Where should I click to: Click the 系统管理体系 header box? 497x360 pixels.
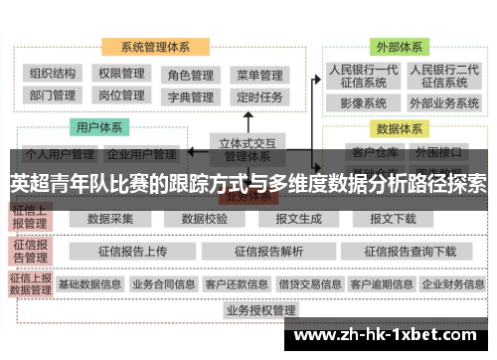click(x=157, y=47)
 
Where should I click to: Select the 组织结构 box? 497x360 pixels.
click(x=53, y=73)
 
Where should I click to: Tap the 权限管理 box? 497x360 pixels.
click(x=121, y=73)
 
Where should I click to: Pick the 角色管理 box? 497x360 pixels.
click(x=190, y=75)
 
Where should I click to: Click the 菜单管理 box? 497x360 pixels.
click(x=259, y=75)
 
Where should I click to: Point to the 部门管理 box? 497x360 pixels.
click(x=53, y=95)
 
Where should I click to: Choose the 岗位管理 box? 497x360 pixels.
click(x=121, y=95)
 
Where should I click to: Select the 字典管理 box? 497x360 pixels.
click(x=190, y=97)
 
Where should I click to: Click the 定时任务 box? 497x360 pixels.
click(x=259, y=97)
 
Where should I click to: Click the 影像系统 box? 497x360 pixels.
click(x=364, y=102)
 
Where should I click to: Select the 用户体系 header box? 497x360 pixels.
click(x=99, y=127)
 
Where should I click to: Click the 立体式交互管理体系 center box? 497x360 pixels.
click(x=248, y=149)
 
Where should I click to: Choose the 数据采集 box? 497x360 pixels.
click(x=111, y=219)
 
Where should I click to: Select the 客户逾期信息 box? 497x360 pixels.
click(x=381, y=283)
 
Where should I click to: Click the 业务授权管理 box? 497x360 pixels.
click(x=260, y=310)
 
